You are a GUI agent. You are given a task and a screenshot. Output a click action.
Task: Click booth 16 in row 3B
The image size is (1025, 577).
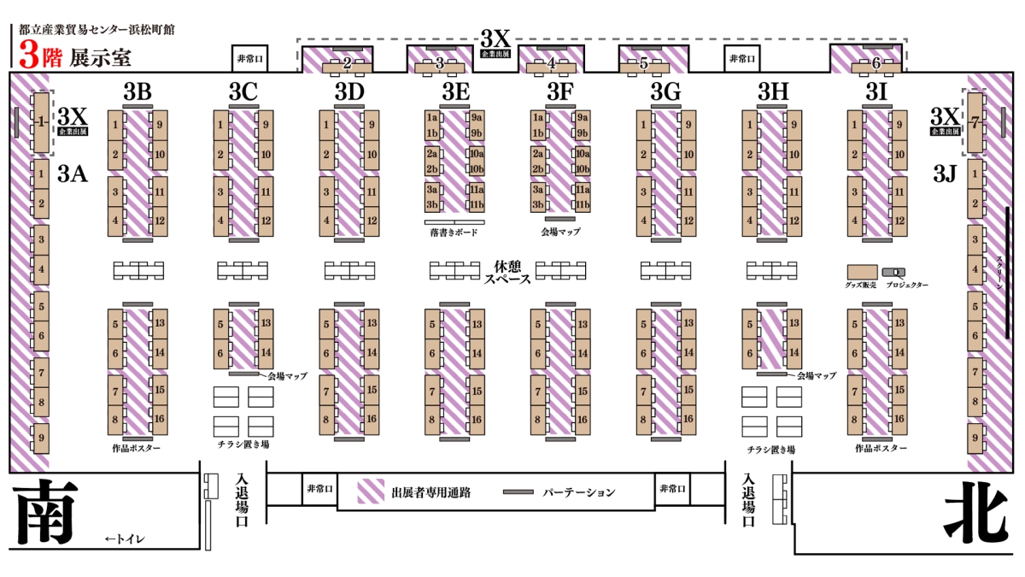(x=160, y=420)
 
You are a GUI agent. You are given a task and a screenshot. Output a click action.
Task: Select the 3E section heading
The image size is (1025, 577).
(x=456, y=91)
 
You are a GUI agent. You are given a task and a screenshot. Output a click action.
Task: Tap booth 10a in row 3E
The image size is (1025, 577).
(x=477, y=153)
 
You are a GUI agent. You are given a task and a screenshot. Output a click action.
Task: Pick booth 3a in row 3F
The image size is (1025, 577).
(x=537, y=189)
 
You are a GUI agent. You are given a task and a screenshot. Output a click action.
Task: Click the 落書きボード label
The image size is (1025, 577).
(x=454, y=233)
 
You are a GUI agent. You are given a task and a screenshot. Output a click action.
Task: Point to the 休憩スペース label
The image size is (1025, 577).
(x=507, y=273)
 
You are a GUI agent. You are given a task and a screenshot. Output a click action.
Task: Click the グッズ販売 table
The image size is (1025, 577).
(x=862, y=272)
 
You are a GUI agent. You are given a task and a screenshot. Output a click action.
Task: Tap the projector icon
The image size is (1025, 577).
(x=893, y=273)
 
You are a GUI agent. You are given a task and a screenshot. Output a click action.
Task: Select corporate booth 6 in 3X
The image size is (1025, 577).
(x=876, y=68)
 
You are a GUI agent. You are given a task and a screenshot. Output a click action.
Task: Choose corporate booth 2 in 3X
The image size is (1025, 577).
(x=347, y=68)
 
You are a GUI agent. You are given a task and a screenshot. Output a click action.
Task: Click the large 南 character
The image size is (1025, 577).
(x=44, y=510)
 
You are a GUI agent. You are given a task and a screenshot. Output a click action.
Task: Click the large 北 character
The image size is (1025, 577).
(x=976, y=510)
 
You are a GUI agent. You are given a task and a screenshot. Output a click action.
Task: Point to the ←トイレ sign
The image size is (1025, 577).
(x=125, y=539)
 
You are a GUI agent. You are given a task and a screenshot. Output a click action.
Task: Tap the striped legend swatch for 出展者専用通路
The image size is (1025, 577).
(x=371, y=492)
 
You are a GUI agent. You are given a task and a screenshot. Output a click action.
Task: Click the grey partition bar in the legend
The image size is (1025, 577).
(x=518, y=492)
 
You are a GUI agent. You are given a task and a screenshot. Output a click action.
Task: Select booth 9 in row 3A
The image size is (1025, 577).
(x=41, y=439)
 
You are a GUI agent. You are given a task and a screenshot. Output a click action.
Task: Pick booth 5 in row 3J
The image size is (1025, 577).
(x=975, y=306)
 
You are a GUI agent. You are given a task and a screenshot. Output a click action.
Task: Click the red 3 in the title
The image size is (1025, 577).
(x=29, y=56)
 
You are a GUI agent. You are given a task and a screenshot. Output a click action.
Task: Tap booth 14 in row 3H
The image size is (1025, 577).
(x=794, y=352)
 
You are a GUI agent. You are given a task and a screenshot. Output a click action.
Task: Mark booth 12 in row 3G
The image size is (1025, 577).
(x=688, y=221)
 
